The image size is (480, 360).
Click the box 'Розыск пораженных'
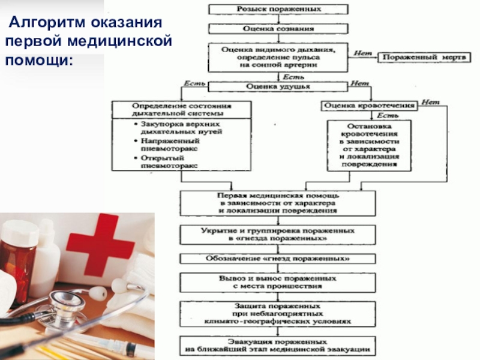click(x=278, y=10)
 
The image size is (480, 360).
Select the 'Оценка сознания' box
click(x=278, y=29)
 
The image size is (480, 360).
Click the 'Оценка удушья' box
click(x=278, y=86)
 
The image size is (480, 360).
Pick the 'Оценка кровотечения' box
click(x=370, y=106)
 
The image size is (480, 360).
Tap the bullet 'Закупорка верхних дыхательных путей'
click(x=171, y=126)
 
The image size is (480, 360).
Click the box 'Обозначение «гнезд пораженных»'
click(x=278, y=259)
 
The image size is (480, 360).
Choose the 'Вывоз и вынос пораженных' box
click(x=278, y=283)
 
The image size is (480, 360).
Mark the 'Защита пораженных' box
click(x=278, y=314)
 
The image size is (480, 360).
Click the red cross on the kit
click(x=101, y=246)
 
